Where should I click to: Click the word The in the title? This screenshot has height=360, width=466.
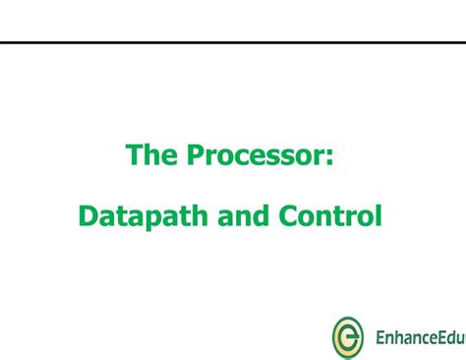point(148,155)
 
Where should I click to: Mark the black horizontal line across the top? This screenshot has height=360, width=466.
point(233,42)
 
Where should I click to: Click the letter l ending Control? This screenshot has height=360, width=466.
point(377,214)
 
